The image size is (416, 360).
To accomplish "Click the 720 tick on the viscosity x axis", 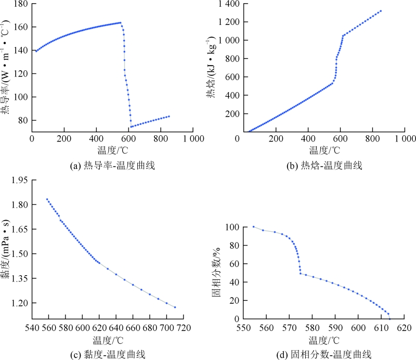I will pyautogui.click(x=184, y=329).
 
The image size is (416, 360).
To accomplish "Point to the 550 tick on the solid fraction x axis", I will pyautogui.click(x=244, y=329).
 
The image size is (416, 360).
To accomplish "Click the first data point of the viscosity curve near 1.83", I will pyautogui.click(x=47, y=199).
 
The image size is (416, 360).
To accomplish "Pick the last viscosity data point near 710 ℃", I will pyautogui.click(x=175, y=307).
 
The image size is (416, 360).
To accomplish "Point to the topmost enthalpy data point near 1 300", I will pyautogui.click(x=381, y=11).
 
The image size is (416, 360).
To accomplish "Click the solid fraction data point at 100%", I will pyautogui.click(x=253, y=226).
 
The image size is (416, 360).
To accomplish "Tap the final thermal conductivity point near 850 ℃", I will pyautogui.click(x=169, y=116).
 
